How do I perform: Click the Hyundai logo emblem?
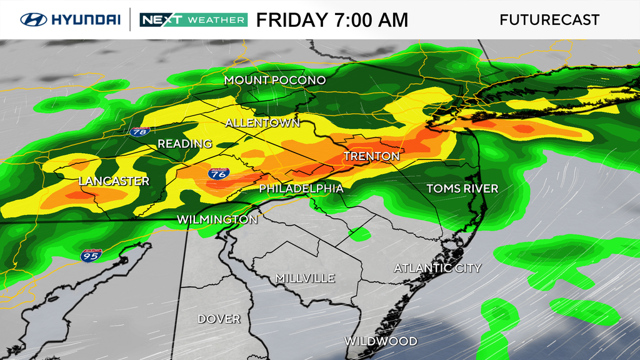[x=34, y=19]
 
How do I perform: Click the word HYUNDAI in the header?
[x=86, y=19]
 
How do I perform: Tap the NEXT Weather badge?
[x=192, y=19]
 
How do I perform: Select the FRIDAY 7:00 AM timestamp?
[x=332, y=19]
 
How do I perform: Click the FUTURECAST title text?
[x=549, y=19]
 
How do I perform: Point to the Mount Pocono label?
[x=275, y=81]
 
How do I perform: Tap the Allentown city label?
[x=262, y=122]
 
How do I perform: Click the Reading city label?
[x=184, y=144]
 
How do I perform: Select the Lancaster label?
[x=114, y=181]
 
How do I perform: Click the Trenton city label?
[x=371, y=156]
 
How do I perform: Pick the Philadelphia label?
[x=301, y=188]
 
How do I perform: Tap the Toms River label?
[x=462, y=188]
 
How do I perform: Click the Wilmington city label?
[x=217, y=219]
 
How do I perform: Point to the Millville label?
[x=305, y=278]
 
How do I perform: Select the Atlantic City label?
[x=437, y=268]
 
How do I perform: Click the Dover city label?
[x=219, y=319]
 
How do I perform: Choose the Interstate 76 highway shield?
[x=219, y=173]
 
